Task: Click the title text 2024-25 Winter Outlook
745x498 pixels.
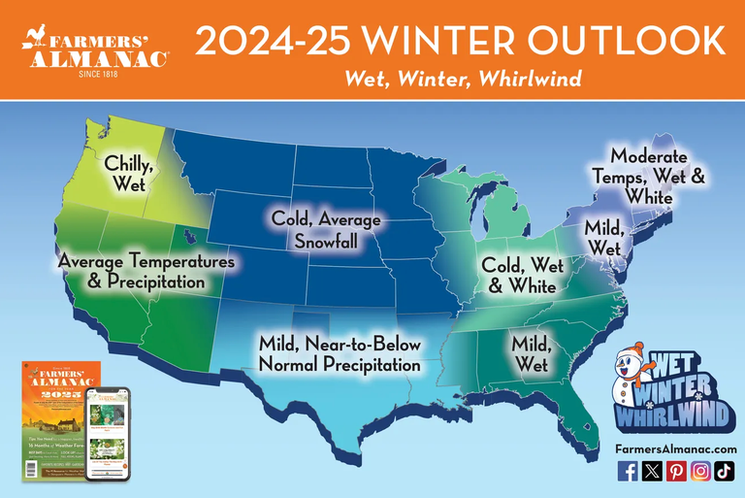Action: [x=461, y=41]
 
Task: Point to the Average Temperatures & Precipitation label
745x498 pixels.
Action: [x=145, y=272]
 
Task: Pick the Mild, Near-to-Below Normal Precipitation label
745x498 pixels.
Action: [x=340, y=354]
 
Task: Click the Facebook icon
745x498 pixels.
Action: [x=628, y=471]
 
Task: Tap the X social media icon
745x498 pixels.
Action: [x=652, y=471]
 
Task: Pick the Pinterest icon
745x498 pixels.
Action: [x=676, y=471]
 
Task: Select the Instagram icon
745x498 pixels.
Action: [x=700, y=471]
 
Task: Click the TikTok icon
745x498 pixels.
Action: [x=725, y=471]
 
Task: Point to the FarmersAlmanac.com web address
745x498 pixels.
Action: [x=675, y=448]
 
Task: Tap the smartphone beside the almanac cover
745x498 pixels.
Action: [x=107, y=434]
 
